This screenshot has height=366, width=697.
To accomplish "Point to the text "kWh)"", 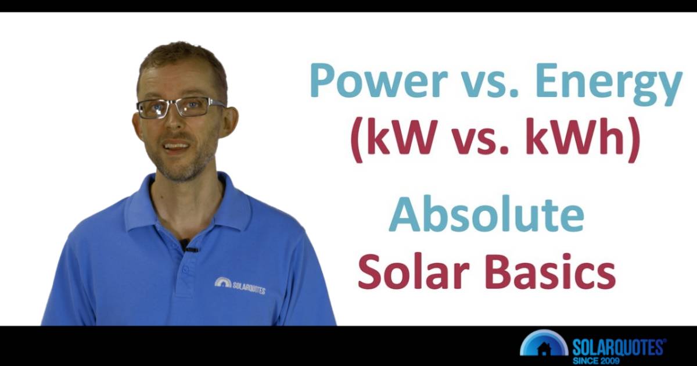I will pyautogui.click(x=583, y=142).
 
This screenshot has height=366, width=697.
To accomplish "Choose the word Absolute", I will pyautogui.click(x=486, y=214).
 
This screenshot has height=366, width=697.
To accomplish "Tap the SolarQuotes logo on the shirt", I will pyautogui.click(x=239, y=285).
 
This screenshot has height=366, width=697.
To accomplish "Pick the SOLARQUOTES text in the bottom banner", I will pyautogui.click(x=618, y=347).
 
